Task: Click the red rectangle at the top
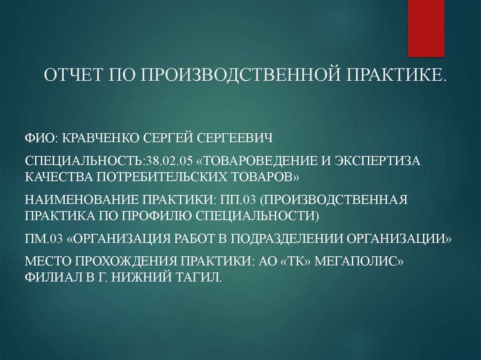tap(426, 28)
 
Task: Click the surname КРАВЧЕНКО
tap(101, 138)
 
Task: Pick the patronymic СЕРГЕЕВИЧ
tap(235, 138)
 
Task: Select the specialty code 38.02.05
tap(170, 161)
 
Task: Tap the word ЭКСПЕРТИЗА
tap(378, 161)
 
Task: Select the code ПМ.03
tap(44, 238)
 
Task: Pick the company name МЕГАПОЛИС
tap(359, 261)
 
